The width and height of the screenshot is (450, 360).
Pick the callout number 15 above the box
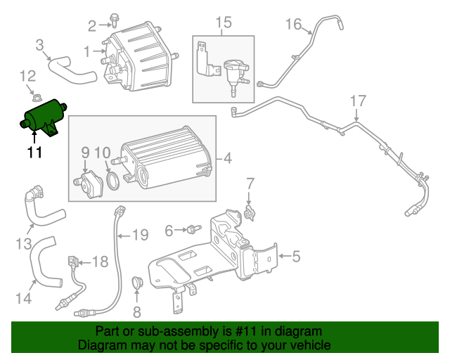click(x=223, y=24)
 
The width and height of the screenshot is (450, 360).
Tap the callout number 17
click(x=358, y=101)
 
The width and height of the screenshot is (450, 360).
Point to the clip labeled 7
click(x=248, y=210)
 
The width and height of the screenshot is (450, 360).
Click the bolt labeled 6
click(x=191, y=229)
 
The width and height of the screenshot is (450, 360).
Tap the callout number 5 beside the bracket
click(x=296, y=257)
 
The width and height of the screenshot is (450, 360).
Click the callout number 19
click(x=140, y=235)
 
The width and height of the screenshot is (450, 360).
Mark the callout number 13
click(x=23, y=244)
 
